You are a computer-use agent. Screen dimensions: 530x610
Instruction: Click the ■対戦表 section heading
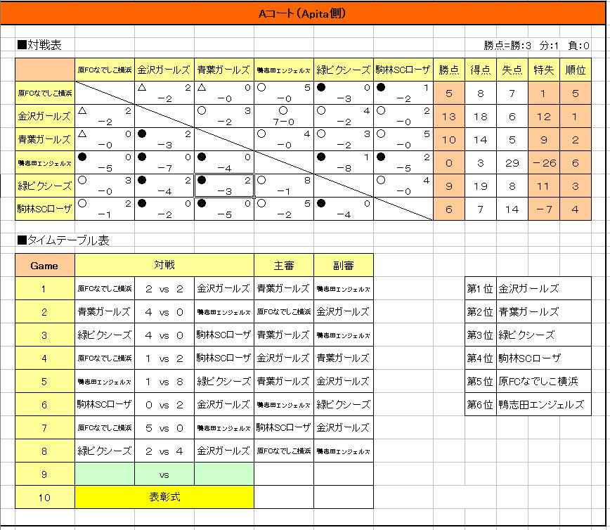click(39, 46)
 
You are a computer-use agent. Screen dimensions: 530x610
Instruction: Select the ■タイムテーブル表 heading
click(63, 240)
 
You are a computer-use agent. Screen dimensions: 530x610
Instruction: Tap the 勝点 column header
click(449, 70)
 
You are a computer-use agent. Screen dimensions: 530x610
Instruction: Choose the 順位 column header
click(575, 70)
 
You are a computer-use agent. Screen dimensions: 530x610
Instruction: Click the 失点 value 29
click(512, 163)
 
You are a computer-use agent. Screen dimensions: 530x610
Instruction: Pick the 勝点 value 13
click(449, 117)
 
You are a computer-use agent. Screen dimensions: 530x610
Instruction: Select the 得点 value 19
click(481, 186)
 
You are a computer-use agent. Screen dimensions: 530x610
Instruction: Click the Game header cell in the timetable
click(44, 266)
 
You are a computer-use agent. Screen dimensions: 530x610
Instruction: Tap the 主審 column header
click(283, 266)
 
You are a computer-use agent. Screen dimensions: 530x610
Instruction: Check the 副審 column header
click(343, 266)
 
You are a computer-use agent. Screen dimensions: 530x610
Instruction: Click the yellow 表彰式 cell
click(164, 497)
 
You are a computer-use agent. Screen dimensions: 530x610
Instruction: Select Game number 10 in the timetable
click(44, 497)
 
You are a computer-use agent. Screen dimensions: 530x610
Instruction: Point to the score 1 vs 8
click(164, 382)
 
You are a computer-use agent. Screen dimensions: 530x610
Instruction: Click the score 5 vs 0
click(164, 428)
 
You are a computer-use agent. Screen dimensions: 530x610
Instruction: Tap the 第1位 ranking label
click(480, 288)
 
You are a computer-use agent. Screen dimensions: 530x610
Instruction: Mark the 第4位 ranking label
click(480, 358)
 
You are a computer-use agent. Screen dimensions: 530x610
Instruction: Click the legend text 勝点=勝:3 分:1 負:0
click(536, 46)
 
